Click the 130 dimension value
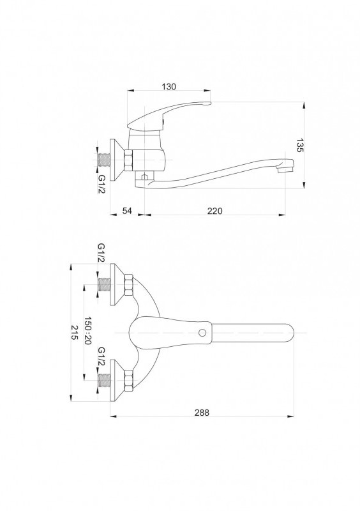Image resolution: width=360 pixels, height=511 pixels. (169, 86)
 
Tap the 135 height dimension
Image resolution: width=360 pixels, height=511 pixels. (299, 146)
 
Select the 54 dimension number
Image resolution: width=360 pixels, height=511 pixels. (127, 211)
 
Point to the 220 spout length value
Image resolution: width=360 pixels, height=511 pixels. (214, 211)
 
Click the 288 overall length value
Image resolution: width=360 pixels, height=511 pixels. (202, 412)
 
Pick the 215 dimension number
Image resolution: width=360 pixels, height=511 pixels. (75, 332)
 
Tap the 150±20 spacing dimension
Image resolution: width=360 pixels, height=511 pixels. (87, 330)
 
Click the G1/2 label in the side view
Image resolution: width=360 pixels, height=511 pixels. (102, 184)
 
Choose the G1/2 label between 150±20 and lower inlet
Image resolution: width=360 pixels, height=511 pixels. (101, 356)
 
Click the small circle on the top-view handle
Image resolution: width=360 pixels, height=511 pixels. (202, 333)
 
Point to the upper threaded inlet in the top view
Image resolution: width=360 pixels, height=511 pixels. (104, 285)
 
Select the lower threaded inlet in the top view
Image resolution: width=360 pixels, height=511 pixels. (104, 380)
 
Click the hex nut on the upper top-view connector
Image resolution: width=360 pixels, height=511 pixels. (128, 284)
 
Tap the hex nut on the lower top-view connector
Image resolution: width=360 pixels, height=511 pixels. (128, 380)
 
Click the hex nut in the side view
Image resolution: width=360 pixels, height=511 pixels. (128, 160)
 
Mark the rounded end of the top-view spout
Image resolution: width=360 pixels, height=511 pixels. (290, 333)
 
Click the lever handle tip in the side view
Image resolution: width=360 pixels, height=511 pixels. (209, 103)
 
